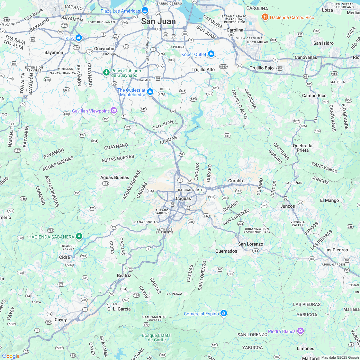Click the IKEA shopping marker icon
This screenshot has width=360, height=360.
78,38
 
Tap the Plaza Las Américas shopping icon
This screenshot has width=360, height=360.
145,11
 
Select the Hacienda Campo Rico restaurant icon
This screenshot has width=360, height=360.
265,17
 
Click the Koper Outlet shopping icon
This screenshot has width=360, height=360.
211,54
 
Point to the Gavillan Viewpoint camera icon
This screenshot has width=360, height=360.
114,111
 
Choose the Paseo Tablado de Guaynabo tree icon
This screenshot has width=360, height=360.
106,73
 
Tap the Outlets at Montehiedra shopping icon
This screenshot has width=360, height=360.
150,92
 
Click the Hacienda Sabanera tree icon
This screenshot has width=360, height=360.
79,237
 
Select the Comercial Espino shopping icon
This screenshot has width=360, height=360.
224,313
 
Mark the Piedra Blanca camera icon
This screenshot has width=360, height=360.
300,331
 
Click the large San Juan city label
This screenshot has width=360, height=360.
158,22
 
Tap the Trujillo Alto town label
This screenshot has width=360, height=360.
203,69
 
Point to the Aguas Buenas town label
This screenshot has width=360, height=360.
115,177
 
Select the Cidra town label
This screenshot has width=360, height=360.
65,257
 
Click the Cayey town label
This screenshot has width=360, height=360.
61,319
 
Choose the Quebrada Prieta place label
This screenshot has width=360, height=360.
302,148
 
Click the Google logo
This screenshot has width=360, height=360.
11,356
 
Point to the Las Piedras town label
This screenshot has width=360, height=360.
336,250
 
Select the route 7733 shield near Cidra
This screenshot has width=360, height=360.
69,265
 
